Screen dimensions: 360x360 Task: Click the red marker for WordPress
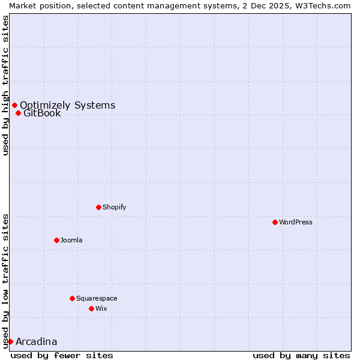275,222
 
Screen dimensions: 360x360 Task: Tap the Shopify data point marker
99,207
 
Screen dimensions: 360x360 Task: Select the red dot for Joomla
57,240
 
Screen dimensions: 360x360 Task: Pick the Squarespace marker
73,298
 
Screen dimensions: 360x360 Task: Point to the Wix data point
92,308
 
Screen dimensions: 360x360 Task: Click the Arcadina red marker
10,341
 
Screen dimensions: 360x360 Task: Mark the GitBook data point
19,113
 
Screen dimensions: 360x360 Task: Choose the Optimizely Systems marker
15,105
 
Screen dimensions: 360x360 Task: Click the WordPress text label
296,222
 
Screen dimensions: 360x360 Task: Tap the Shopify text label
115,207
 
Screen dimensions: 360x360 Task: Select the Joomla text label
71,240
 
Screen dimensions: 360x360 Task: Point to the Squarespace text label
97,298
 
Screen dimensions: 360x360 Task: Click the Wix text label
101,308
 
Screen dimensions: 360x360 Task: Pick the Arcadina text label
37,342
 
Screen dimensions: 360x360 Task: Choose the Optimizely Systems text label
68,106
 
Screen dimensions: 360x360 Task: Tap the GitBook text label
42,113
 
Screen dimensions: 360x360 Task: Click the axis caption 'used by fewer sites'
62,355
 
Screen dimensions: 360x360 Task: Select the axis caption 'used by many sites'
301,355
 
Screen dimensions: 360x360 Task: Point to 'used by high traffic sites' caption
5,85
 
